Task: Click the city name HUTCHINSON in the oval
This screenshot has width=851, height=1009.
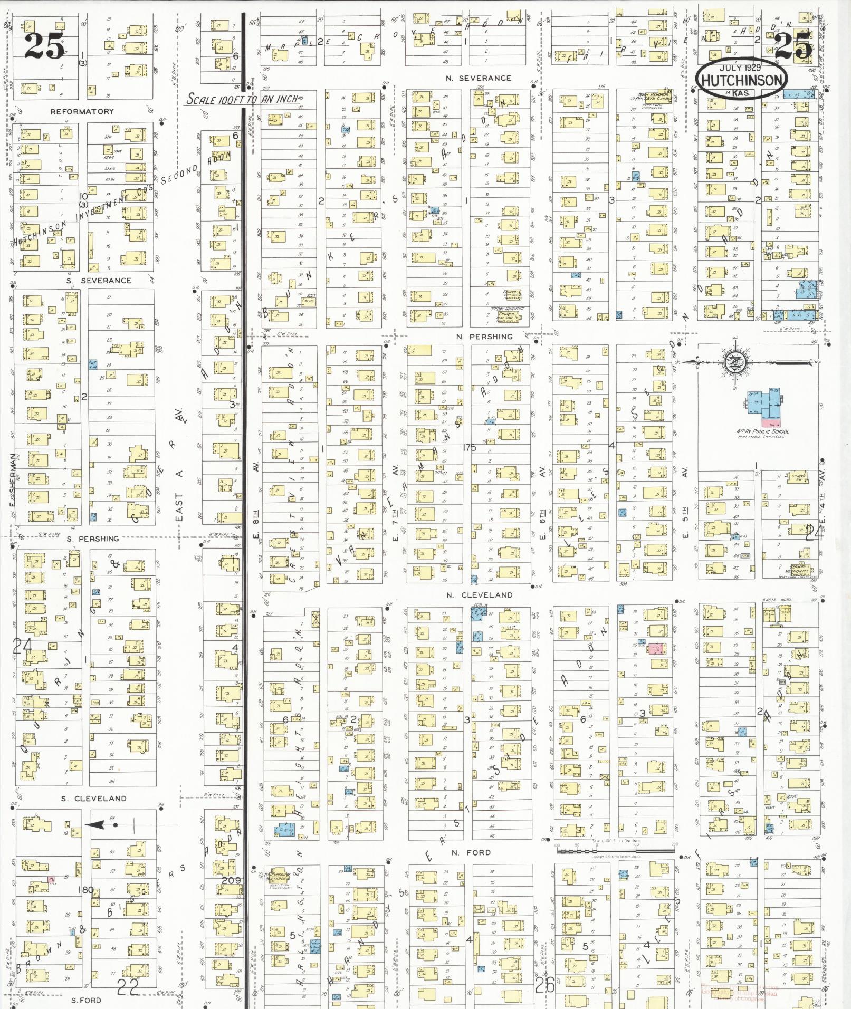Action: (742, 80)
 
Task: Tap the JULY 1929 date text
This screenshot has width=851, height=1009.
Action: (741, 68)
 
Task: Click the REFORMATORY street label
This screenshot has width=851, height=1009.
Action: (82, 112)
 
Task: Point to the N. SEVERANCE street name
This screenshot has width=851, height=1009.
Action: (478, 78)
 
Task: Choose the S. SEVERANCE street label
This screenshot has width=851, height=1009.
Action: (99, 281)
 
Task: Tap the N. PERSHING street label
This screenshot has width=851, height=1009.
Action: (484, 337)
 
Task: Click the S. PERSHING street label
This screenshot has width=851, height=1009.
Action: (92, 539)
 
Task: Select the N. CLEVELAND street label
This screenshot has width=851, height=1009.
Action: (479, 595)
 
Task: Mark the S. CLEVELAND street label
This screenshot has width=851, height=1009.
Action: (93, 798)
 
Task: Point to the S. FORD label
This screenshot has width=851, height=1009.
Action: (86, 1000)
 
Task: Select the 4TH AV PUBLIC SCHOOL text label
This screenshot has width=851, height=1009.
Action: (763, 431)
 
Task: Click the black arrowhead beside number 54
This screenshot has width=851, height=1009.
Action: (94, 824)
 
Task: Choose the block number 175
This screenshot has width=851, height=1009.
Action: (468, 448)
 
